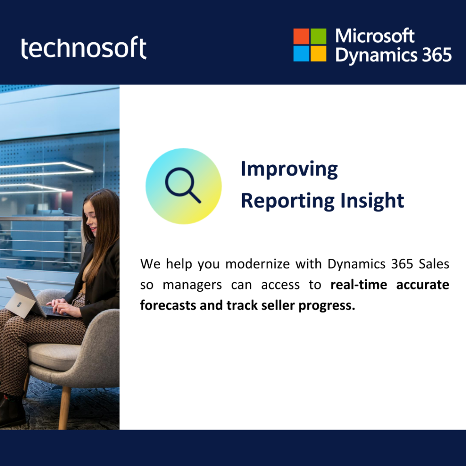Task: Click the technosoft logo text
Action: pyautogui.click(x=84, y=47)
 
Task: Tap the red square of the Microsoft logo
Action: pyautogui.click(x=301, y=36)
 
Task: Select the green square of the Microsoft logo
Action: pyautogui.click(x=318, y=36)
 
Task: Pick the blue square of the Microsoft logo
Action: pyautogui.click(x=301, y=54)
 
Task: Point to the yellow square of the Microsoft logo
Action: pyautogui.click(x=318, y=54)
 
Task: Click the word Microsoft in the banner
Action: pyautogui.click(x=375, y=36)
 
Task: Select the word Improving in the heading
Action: pyautogui.click(x=289, y=169)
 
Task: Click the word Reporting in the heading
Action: pyautogui.click(x=288, y=201)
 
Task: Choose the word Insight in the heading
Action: pyautogui.click(x=372, y=201)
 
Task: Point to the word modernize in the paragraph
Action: pyautogui.click(x=258, y=264)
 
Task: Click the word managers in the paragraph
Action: pyautogui.click(x=192, y=285)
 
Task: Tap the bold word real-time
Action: pyautogui.click(x=359, y=284)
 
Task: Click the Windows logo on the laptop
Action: pyautogui.click(x=19, y=304)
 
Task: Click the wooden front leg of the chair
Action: pyautogui.click(x=65, y=408)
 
